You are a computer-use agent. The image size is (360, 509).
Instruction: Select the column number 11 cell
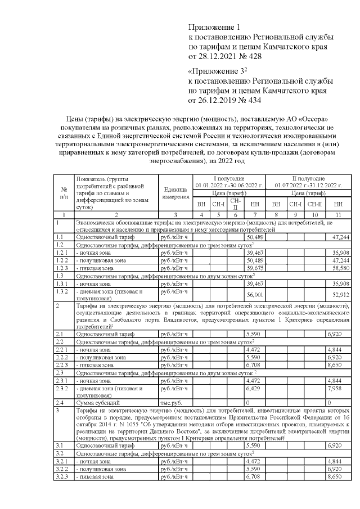coord(337,215)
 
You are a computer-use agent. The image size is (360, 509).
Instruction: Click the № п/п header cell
coord(64,193)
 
